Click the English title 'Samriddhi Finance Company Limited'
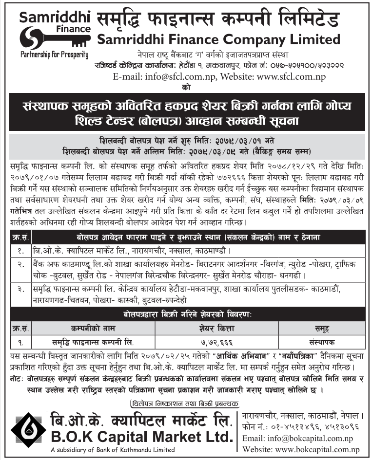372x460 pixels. pos(219,38)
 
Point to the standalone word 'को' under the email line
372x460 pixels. pos(186,88)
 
